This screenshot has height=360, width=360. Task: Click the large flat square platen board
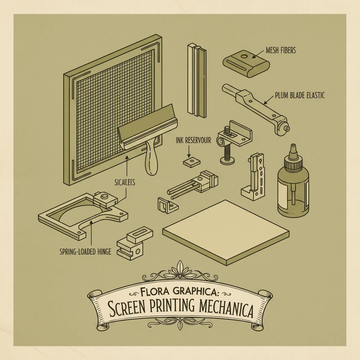226,231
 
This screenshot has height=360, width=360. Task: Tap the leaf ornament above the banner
180,270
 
